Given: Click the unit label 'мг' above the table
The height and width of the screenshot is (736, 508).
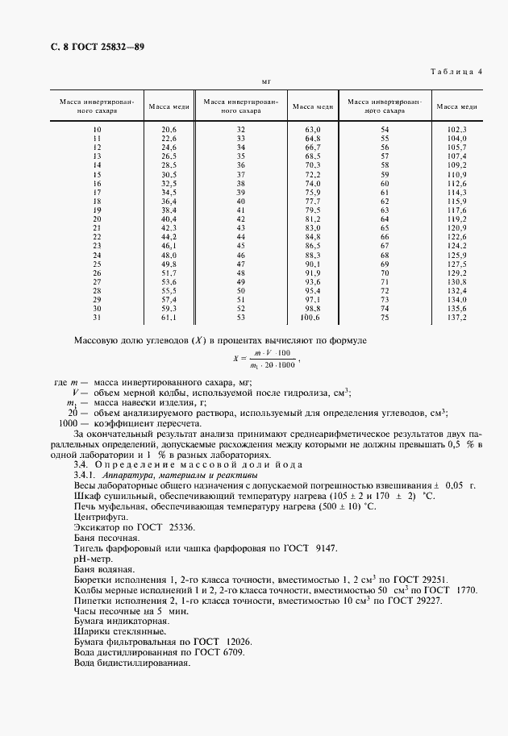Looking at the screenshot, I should pyautogui.click(x=266, y=81).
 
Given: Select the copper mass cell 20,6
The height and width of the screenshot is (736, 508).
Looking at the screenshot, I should pyautogui.click(x=169, y=130).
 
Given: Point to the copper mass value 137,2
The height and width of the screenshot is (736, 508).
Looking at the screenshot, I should pyautogui.click(x=456, y=318).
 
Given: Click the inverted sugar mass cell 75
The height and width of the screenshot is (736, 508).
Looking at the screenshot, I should pyautogui.click(x=385, y=318).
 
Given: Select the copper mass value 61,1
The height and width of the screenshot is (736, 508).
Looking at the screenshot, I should pyautogui.click(x=169, y=318).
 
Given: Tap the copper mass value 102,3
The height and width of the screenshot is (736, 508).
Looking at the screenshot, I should pyautogui.click(x=456, y=130).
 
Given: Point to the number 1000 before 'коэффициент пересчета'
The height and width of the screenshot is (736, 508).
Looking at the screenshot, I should pyautogui.click(x=69, y=423).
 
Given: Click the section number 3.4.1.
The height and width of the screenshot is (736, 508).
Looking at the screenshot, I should pyautogui.click(x=86, y=475).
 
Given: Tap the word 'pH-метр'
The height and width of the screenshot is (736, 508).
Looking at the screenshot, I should pyautogui.click(x=92, y=558).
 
